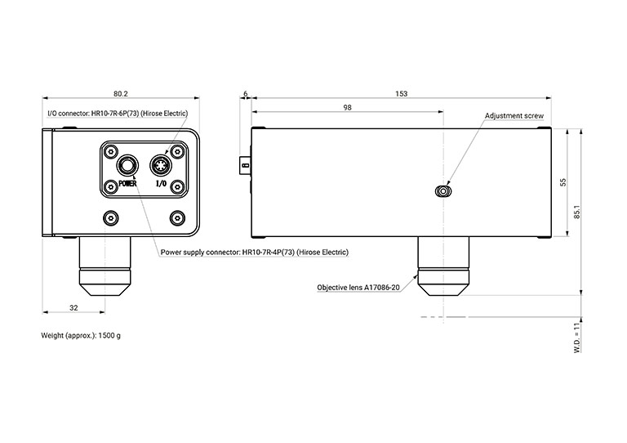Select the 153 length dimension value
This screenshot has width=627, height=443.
[x=401, y=94]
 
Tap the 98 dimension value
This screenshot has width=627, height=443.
[x=347, y=107]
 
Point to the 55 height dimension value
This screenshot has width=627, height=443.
[x=563, y=181]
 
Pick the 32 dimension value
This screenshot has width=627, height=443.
[x=73, y=307]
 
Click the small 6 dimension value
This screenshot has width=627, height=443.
[x=246, y=94]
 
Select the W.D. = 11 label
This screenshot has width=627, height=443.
[x=576, y=337]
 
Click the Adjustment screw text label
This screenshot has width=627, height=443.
[x=514, y=116]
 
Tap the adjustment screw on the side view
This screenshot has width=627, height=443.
[x=442, y=192]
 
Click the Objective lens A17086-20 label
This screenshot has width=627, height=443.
[x=358, y=288]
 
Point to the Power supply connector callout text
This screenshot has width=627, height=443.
[x=254, y=253]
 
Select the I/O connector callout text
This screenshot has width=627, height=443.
[x=118, y=113]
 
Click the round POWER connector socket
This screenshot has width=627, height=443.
[x=127, y=167]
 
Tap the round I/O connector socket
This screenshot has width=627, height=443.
[x=161, y=167]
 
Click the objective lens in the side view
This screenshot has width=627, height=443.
[x=442, y=266]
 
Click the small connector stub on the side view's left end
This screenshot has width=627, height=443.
[x=246, y=165]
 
